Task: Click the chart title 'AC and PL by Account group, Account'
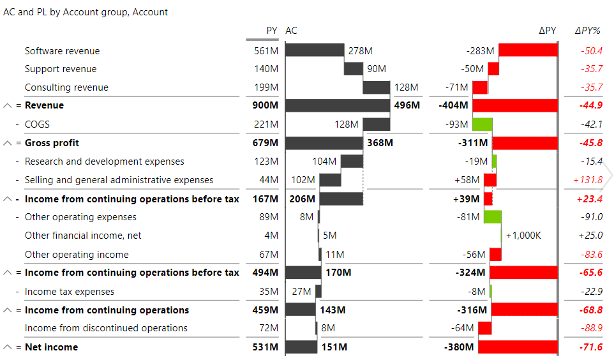[86, 12]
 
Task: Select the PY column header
[272, 31]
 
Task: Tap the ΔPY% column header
[588, 31]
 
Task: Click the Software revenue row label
[62, 51]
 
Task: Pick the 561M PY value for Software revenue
[266, 51]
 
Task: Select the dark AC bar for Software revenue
[315, 50]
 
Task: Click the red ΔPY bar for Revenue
[514, 105]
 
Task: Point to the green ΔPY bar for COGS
[483, 124]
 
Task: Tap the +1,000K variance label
[523, 236]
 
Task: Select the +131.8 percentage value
[588, 180]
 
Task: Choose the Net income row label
[51, 347]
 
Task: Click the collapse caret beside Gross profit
[8, 143]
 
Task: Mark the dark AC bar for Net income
[301, 347]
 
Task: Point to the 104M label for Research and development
[324, 161]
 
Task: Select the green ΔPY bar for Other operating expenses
[492, 217]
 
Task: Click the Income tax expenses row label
[70, 292]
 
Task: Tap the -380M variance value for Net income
[458, 347]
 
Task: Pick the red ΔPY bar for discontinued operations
[484, 328]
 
